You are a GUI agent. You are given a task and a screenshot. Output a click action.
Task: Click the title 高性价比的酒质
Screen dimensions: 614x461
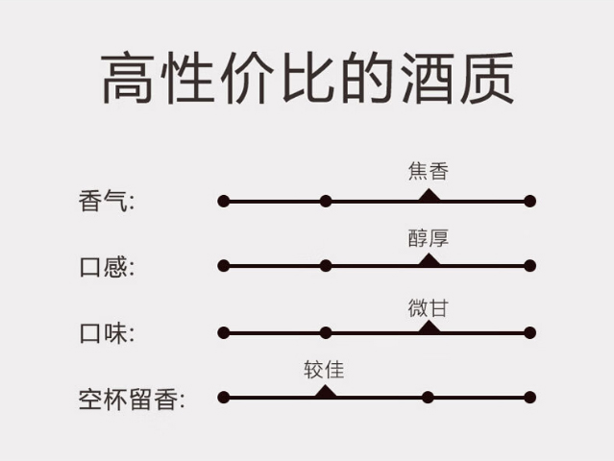[307, 79]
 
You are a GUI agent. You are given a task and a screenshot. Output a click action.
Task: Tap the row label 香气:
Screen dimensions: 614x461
[107, 202]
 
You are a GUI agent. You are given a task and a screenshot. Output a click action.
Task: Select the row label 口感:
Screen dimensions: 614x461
[107, 266]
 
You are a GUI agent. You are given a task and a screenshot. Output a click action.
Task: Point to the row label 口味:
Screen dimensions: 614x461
[107, 333]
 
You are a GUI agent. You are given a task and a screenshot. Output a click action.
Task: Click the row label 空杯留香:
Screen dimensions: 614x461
[132, 398]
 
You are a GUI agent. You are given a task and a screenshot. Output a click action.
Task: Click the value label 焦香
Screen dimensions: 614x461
[428, 172]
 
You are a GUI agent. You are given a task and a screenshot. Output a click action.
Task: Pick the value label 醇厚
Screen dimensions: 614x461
[428, 238]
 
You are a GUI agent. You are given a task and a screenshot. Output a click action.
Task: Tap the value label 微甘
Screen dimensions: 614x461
[428, 307]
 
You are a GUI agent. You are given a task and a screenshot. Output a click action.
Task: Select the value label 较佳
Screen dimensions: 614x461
[325, 370]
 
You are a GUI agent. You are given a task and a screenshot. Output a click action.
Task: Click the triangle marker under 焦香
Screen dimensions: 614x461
[429, 196]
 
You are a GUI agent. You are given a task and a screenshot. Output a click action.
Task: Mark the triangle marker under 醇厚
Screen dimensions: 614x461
[429, 260]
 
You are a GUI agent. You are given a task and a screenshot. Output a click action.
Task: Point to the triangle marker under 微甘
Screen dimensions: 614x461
[429, 328]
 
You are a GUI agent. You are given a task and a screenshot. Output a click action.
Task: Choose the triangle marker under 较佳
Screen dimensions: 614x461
[326, 392]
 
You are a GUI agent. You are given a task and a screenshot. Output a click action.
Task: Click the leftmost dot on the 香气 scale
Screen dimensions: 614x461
[224, 202]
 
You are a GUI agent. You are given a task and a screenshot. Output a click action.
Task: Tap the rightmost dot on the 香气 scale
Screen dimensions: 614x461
[529, 202]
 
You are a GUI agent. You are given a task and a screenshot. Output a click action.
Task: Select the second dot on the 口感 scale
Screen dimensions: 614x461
[326, 266]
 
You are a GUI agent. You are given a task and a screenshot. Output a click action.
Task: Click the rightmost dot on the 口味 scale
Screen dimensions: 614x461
[529, 333]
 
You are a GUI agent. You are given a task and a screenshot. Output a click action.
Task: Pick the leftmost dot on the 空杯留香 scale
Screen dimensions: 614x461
[224, 398]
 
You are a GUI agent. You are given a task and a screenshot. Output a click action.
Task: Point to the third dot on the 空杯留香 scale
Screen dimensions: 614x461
[428, 398]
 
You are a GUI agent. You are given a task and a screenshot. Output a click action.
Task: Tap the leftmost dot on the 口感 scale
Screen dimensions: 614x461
[224, 266]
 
